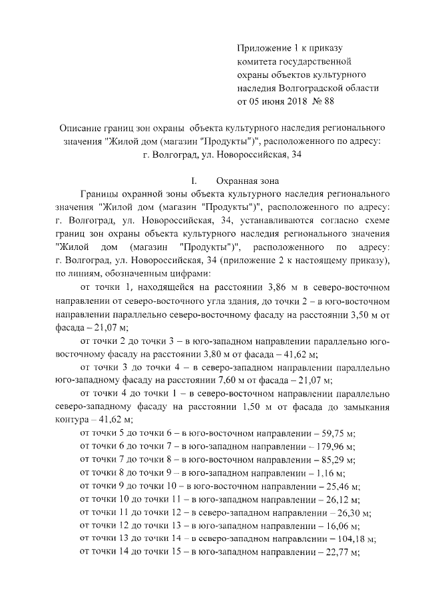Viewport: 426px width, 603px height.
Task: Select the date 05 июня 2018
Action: (x=272, y=102)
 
